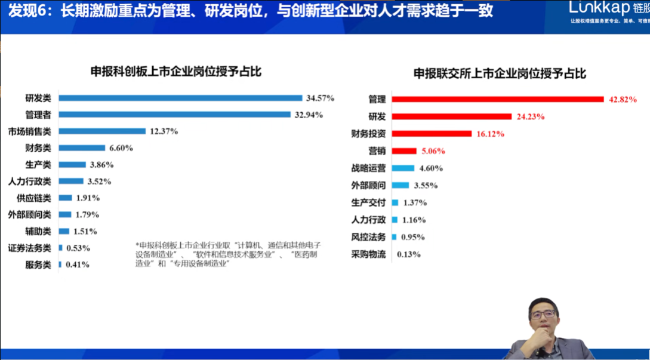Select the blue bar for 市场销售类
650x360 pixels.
click(x=102, y=131)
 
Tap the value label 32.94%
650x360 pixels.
click(x=308, y=115)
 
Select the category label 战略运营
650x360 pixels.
click(x=368, y=168)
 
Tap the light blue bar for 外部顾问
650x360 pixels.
click(x=401, y=186)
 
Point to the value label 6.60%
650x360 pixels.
click(x=121, y=148)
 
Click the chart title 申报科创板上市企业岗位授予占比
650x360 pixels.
click(x=176, y=72)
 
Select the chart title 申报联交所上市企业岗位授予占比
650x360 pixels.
click(x=500, y=73)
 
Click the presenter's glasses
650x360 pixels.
click(x=542, y=313)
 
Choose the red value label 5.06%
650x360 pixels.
click(x=433, y=151)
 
